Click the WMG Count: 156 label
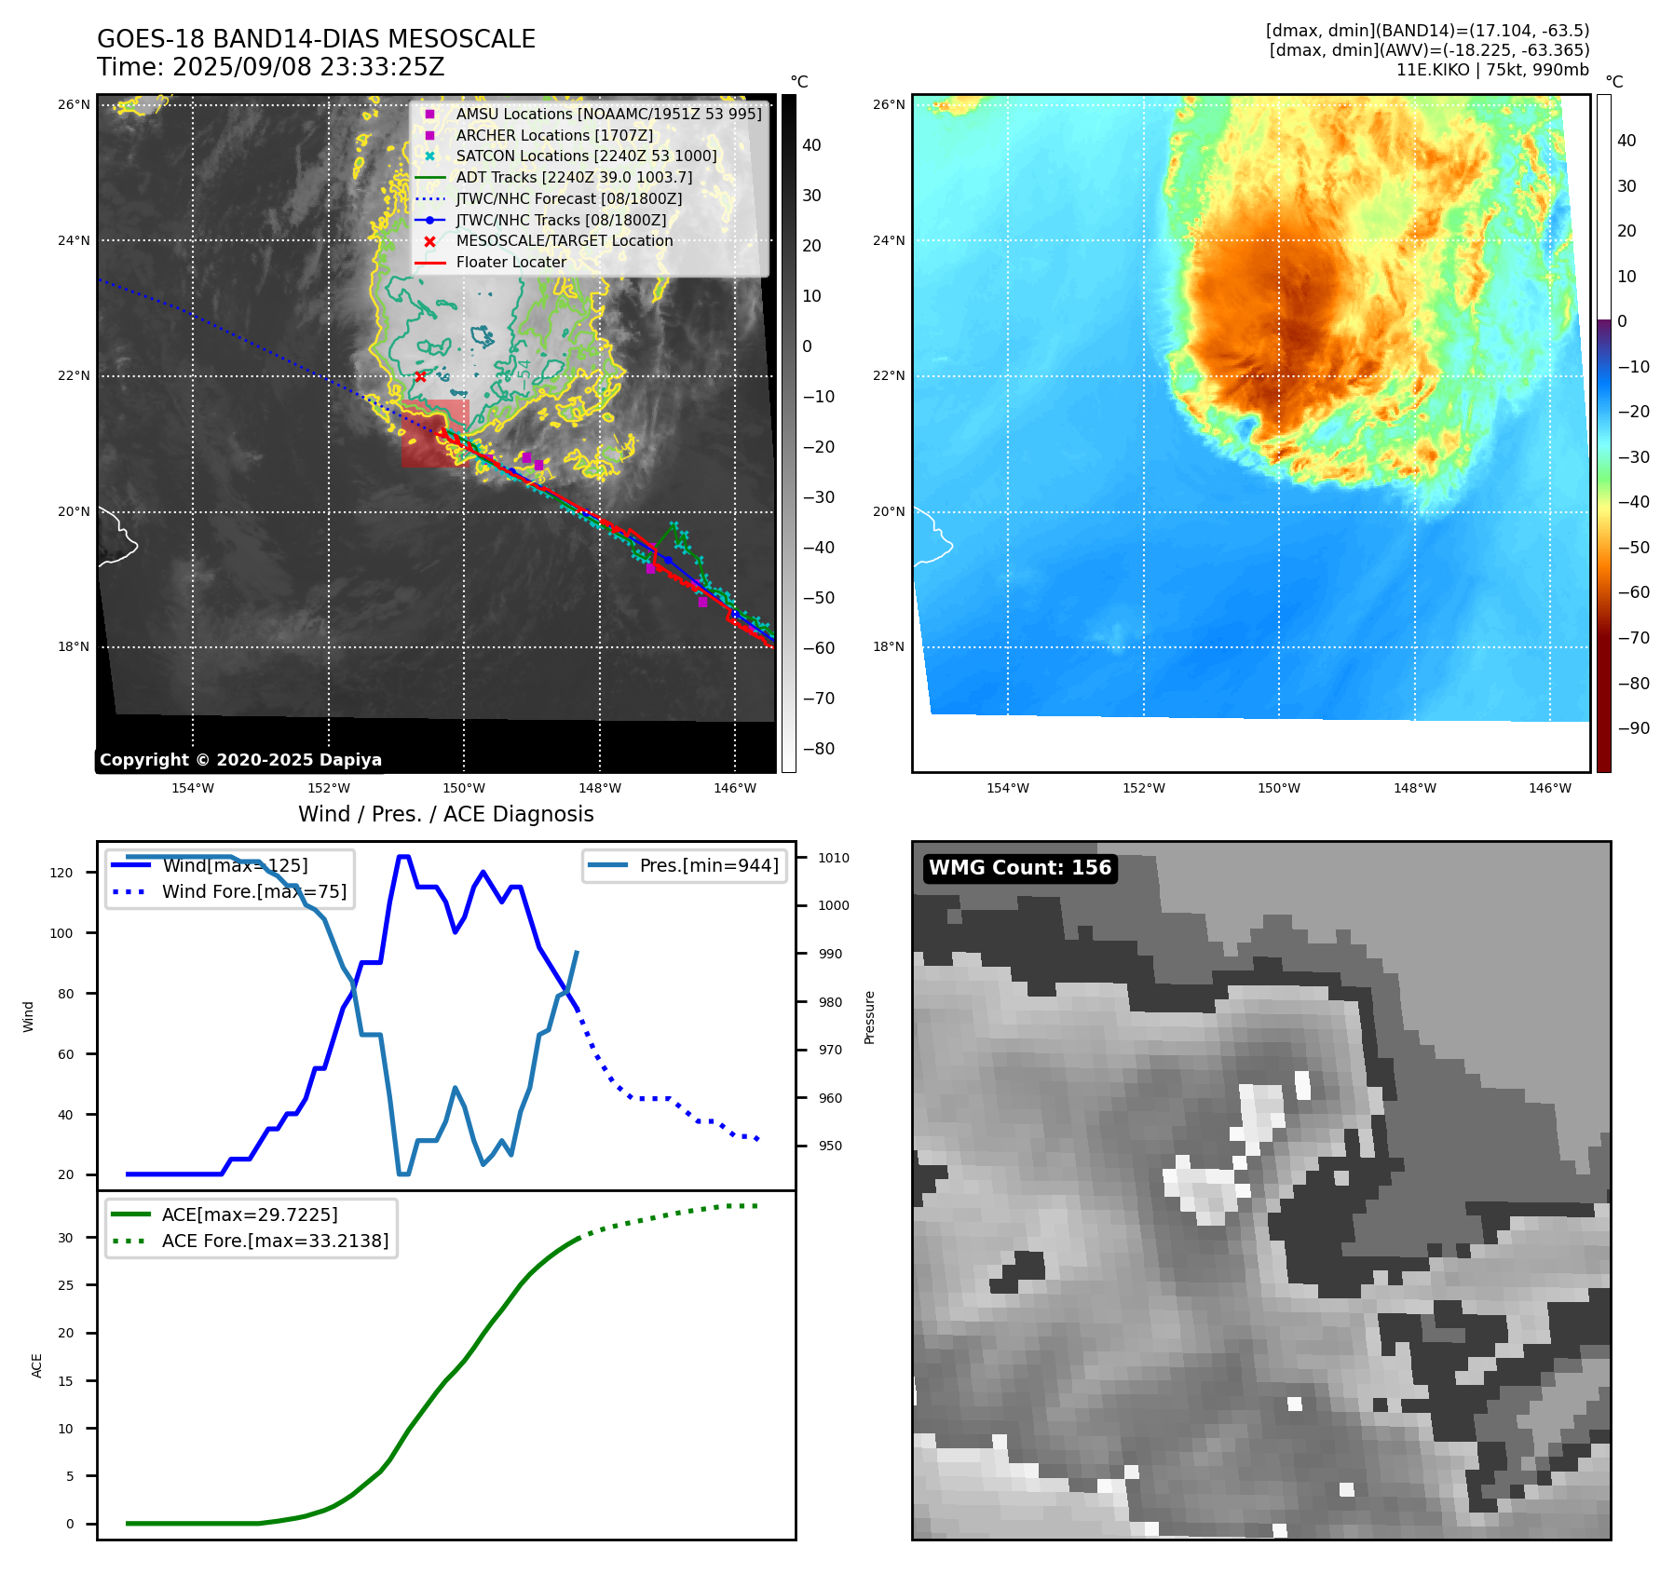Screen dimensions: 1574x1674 (1020, 868)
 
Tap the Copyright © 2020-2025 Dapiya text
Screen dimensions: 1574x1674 (240, 760)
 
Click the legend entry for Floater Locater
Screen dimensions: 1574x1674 (510, 263)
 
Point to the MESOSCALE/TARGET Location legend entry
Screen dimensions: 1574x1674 (564, 241)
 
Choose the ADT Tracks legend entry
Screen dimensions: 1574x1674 (574, 178)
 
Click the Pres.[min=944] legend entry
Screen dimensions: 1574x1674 (708, 865)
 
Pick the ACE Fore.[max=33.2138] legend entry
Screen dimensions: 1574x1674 (275, 1241)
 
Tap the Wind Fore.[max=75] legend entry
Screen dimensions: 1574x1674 (253, 891)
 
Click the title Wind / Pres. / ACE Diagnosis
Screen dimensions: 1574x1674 (445, 814)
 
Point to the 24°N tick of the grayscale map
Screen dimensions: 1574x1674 (74, 240)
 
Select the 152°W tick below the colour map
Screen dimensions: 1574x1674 (1143, 788)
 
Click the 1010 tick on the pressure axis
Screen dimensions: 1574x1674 (834, 858)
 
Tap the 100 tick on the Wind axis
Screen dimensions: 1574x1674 (61, 933)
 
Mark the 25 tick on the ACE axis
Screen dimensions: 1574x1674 (65, 1285)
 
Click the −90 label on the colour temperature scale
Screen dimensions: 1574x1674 (1633, 728)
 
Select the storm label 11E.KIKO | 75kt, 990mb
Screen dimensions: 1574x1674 (1492, 70)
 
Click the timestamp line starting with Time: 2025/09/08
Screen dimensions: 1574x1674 (270, 68)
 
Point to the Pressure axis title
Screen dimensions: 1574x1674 (869, 1017)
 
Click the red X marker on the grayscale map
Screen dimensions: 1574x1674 (420, 377)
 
